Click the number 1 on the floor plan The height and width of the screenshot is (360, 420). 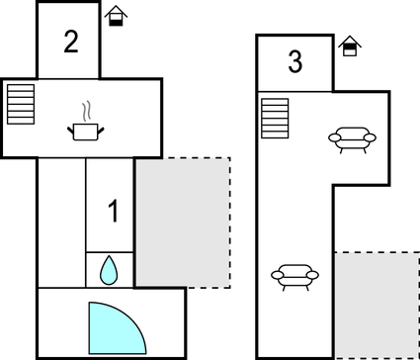114,211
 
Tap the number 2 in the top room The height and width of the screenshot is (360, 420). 70,42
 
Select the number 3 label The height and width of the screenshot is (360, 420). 294,62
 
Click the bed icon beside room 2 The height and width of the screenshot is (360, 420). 117,16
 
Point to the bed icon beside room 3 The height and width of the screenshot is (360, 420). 349,46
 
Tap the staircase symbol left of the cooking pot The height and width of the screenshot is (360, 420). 20,101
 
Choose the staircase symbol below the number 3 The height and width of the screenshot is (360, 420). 274,119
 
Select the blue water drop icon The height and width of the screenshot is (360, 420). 109,268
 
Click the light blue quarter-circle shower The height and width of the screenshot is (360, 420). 112,327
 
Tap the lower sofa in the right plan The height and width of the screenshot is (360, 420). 294,276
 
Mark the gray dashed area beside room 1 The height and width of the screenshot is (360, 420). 182,222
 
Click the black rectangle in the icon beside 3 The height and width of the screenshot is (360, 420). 349,51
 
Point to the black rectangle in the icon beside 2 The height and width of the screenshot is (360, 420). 117,21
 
